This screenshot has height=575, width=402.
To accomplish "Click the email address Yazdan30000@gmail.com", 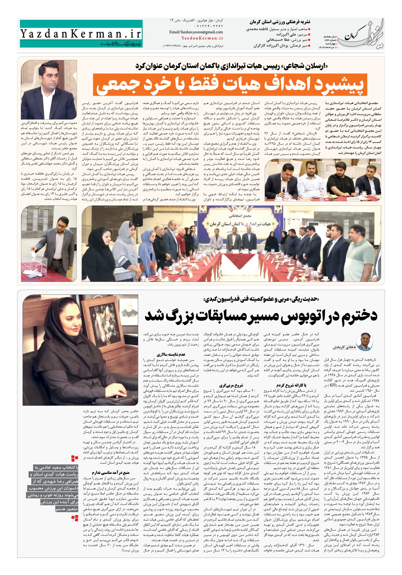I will [x=196, y=32].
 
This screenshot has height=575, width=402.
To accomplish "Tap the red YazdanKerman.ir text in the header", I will [x=202, y=38].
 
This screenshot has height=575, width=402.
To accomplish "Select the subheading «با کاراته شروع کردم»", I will [x=291, y=385].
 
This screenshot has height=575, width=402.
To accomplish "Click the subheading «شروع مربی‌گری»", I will [x=231, y=385].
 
